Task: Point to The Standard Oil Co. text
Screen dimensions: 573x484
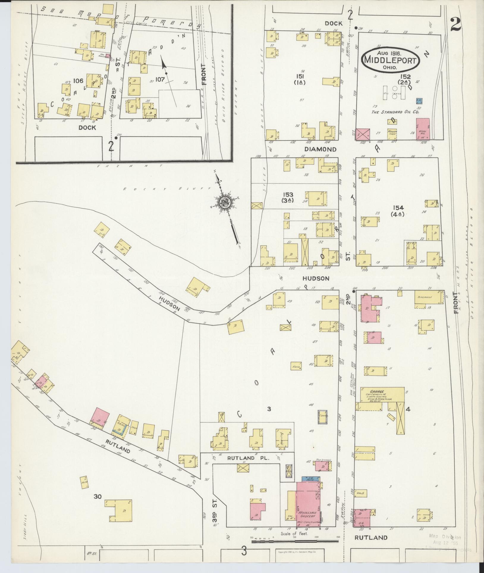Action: click(x=395, y=112)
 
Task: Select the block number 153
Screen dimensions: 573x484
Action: click(x=288, y=194)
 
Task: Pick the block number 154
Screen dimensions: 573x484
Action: click(x=398, y=208)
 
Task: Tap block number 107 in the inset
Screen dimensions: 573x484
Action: click(x=160, y=80)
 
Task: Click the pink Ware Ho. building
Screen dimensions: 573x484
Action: click(x=422, y=128)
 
